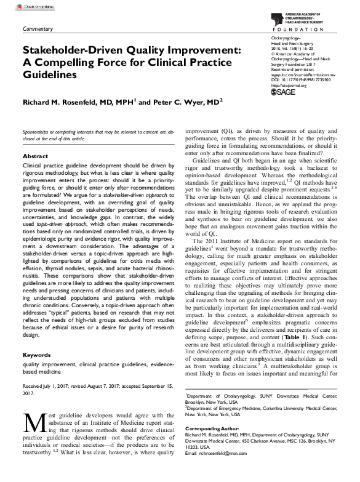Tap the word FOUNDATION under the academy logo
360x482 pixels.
302,29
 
